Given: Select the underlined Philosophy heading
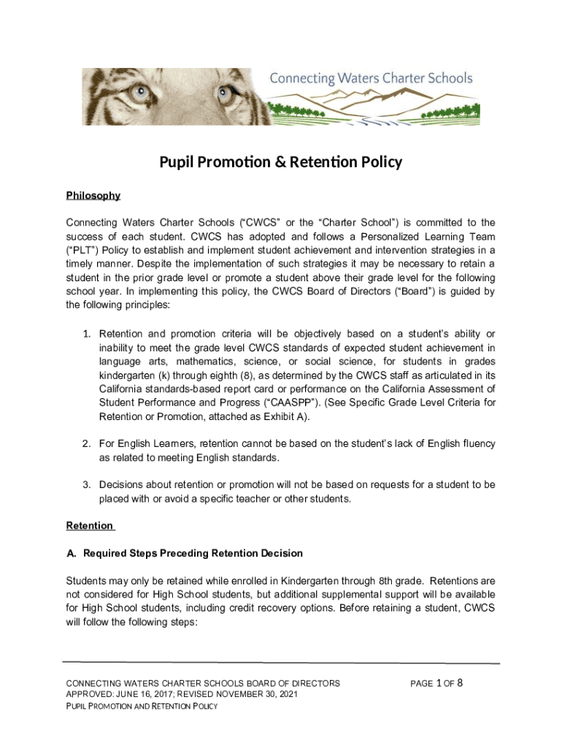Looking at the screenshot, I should click(93, 196).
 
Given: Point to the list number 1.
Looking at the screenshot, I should click(85, 334).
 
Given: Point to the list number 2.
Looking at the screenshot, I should click(85, 443).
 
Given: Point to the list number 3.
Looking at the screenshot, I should click(85, 485).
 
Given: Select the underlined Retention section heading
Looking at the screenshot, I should click(90, 526).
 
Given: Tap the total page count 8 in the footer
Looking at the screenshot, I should click(461, 683).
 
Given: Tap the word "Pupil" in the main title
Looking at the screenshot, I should click(179, 162).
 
